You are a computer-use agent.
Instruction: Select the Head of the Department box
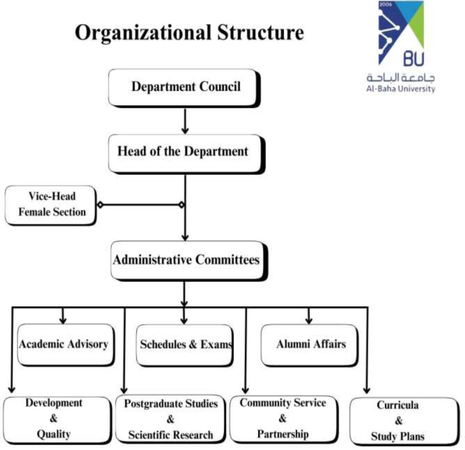[x=184, y=152]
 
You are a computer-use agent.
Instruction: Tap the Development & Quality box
[x=54, y=419]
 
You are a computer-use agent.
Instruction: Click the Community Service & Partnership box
[x=283, y=418]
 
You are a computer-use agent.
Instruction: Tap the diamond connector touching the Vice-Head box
[x=99, y=205]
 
